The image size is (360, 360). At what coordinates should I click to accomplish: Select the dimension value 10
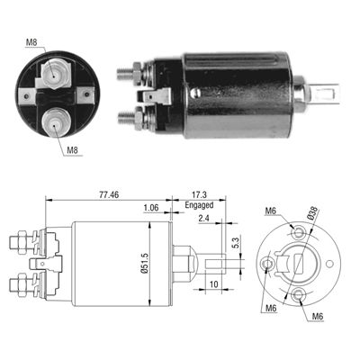[214, 284]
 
